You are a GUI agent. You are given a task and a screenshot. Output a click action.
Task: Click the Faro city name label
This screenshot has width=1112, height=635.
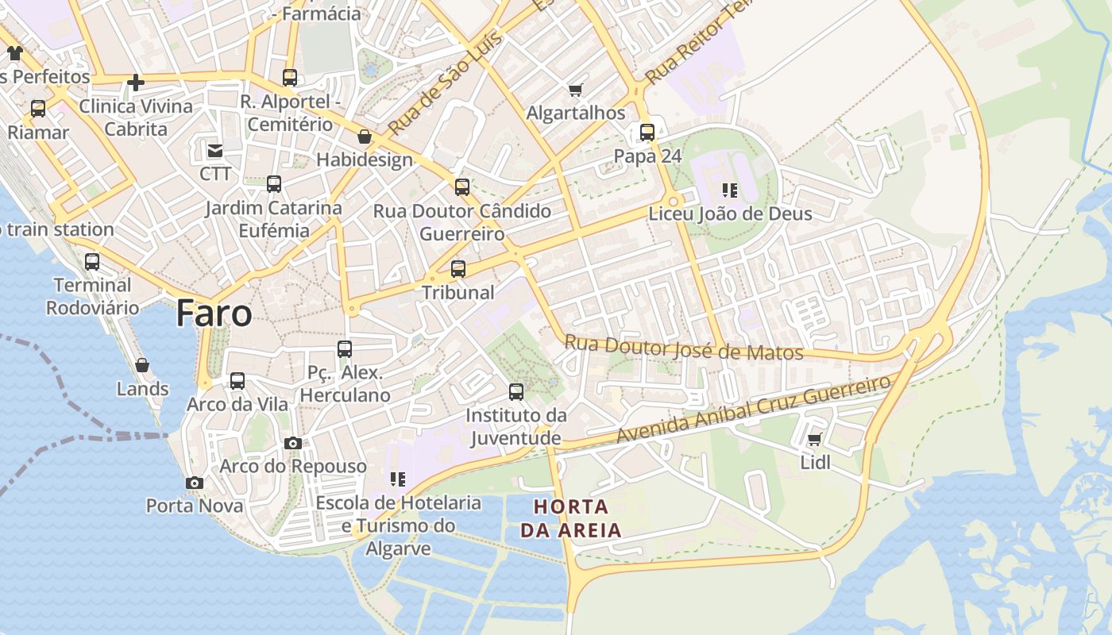pyautogui.click(x=214, y=314)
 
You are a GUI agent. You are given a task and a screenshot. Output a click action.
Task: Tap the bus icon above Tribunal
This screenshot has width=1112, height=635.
pyautogui.click(x=458, y=269)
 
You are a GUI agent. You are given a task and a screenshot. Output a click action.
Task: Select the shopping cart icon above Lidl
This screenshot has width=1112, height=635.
pyautogui.click(x=814, y=439)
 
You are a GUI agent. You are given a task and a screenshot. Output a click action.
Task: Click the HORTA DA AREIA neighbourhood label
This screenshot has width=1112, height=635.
pyautogui.click(x=571, y=518)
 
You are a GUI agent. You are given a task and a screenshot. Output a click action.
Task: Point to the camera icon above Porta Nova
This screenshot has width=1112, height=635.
pyautogui.click(x=195, y=483)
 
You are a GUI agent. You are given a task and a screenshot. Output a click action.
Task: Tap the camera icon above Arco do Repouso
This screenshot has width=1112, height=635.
pyautogui.click(x=293, y=443)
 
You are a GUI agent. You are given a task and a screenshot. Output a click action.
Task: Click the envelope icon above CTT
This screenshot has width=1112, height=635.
pyautogui.click(x=215, y=150)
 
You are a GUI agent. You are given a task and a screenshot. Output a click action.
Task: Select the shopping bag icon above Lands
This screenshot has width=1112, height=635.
pyautogui.click(x=142, y=365)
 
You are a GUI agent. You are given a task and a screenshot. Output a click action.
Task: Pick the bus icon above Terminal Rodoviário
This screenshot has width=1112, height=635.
pyautogui.click(x=92, y=261)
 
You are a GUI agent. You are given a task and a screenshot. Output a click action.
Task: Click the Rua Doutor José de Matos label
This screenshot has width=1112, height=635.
pyautogui.click(x=683, y=348)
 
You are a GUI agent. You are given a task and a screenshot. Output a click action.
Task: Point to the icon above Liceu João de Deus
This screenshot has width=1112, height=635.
pyautogui.click(x=730, y=190)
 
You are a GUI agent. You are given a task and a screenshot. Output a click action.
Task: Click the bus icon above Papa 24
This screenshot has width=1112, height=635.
pyautogui.click(x=647, y=133)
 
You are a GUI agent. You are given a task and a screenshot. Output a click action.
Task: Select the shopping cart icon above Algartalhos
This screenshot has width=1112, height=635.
pyautogui.click(x=576, y=90)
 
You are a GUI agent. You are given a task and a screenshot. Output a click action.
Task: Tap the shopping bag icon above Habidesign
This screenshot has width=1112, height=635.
pyautogui.click(x=365, y=137)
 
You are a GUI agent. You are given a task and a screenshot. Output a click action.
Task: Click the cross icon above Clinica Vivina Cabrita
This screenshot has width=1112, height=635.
pyautogui.click(x=136, y=82)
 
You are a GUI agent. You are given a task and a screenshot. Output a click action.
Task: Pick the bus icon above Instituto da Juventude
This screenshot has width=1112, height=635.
pyautogui.click(x=516, y=391)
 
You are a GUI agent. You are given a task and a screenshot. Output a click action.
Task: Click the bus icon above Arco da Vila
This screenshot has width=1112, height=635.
pyautogui.click(x=237, y=381)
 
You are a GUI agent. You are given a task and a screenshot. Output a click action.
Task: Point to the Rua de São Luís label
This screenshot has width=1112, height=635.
pyautogui.click(x=446, y=83)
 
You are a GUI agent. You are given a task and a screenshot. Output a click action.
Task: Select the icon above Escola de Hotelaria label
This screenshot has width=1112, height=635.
pyautogui.click(x=398, y=479)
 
